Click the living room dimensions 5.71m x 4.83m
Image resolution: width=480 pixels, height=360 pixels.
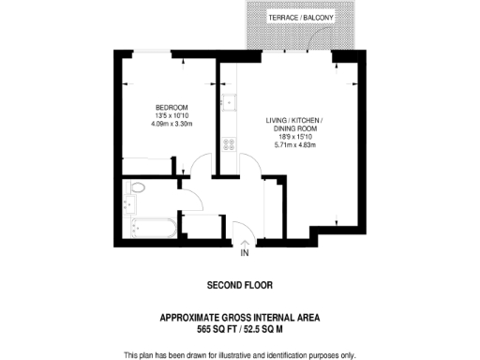point(295,145)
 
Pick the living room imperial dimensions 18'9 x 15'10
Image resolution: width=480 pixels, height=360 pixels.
point(295,137)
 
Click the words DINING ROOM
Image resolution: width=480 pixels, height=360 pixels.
point(295,128)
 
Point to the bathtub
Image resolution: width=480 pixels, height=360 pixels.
point(147,226)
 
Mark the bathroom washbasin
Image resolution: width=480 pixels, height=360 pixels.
point(128,202)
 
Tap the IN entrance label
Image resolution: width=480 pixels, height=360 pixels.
point(245,253)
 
